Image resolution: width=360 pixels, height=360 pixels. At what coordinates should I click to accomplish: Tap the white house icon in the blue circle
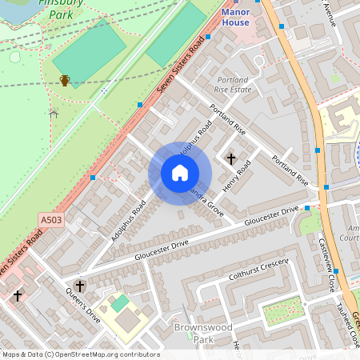click(x=180, y=173)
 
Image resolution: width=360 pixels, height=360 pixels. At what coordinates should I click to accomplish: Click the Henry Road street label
click(x=238, y=175)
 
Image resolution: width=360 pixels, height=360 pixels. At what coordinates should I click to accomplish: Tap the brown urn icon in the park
click(x=65, y=80)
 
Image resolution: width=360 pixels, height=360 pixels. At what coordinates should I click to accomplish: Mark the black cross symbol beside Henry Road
click(x=232, y=158)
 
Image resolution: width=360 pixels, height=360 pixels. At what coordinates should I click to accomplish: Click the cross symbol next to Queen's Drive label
click(x=79, y=285)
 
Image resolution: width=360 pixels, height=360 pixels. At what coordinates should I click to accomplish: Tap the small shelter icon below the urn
click(x=54, y=113)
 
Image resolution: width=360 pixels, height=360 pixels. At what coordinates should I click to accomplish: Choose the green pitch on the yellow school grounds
click(x=119, y=303)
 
